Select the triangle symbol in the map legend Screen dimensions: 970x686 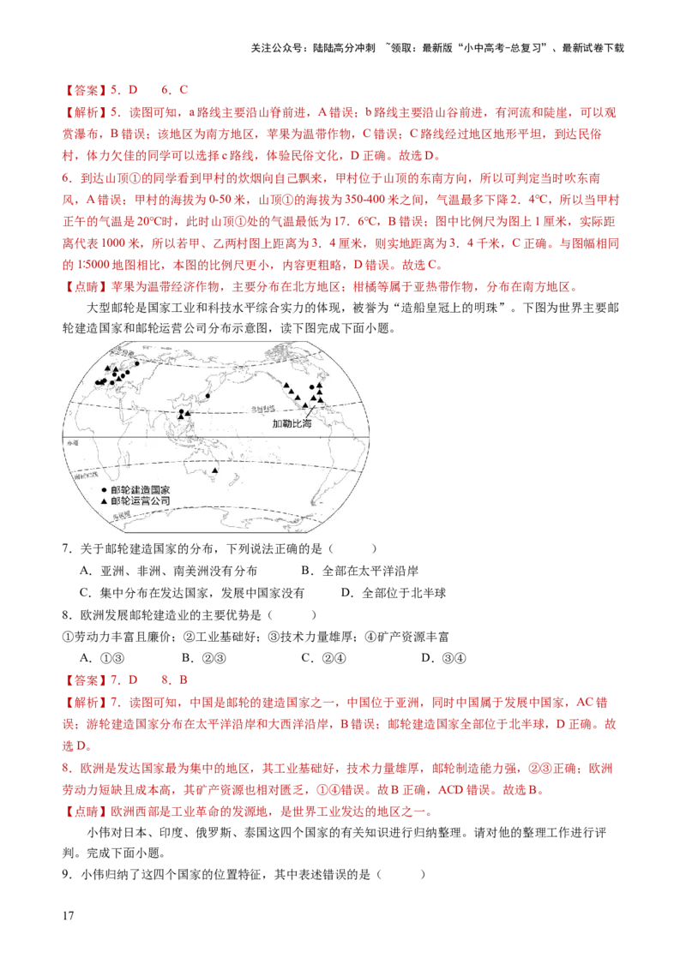pyautogui.click(x=104, y=499)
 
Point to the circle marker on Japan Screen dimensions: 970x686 pyautogui.click(x=208, y=396)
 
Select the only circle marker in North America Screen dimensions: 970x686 pyautogui.click(x=311, y=387)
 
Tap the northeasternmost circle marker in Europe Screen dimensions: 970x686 pyautogui.click(x=136, y=363)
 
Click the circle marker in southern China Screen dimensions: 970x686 pyautogui.click(x=181, y=412)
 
